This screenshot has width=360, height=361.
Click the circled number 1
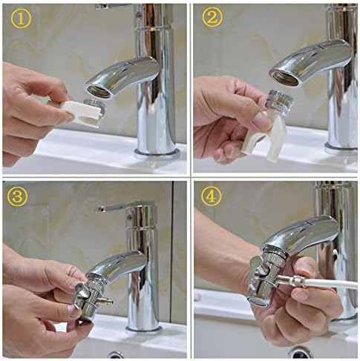click(21, 19)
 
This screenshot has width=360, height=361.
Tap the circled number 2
click(212, 18)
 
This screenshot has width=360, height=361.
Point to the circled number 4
click(211, 196)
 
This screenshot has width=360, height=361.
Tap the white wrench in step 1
click(81, 113)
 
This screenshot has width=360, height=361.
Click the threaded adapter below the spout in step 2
click(281, 100)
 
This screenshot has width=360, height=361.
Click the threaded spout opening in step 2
click(285, 78)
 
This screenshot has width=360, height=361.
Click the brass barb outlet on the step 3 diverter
click(105, 302)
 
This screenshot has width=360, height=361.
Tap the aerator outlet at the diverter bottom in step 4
click(258, 302)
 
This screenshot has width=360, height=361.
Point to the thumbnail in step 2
click(261, 119)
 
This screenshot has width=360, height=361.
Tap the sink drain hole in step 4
click(301, 352)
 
